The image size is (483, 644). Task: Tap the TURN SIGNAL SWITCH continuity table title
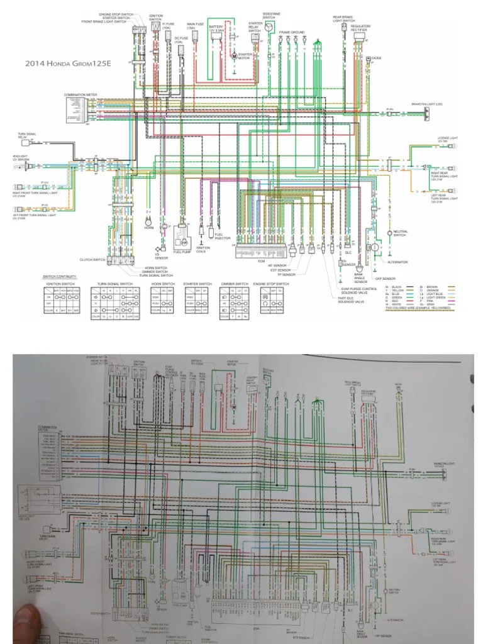(115, 284)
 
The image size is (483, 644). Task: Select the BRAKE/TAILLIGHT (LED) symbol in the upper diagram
(427, 113)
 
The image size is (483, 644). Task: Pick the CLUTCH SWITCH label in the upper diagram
(93, 258)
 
